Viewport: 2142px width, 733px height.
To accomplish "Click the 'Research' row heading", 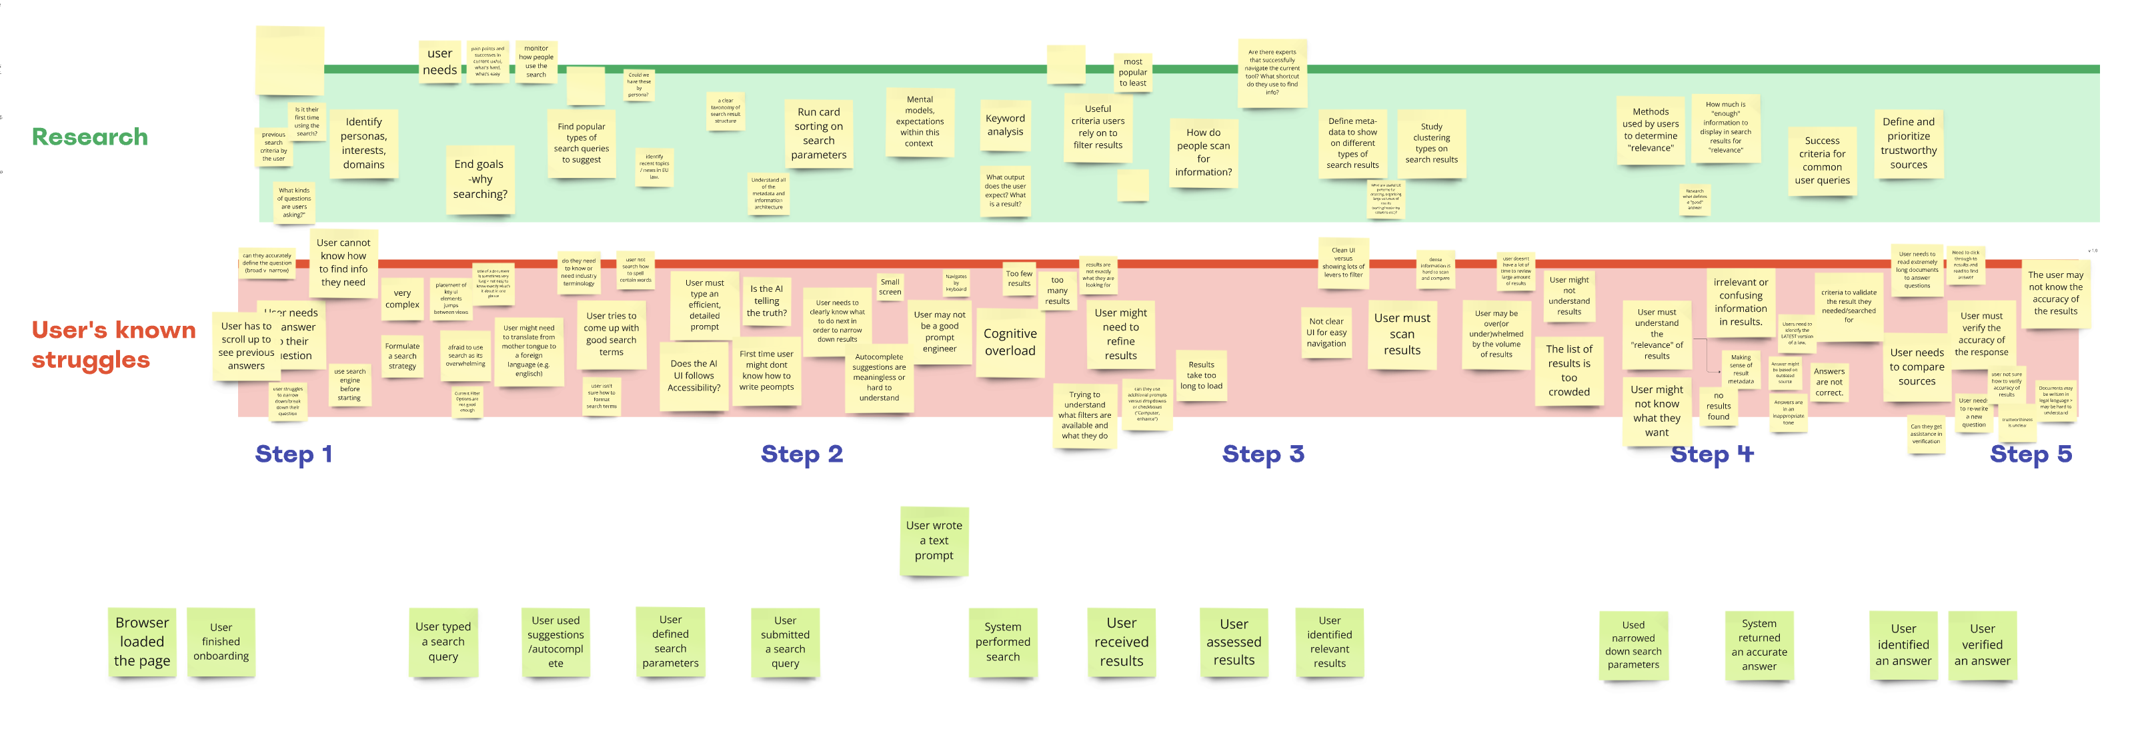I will [x=90, y=137].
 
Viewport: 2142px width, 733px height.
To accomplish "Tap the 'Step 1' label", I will [x=293, y=454].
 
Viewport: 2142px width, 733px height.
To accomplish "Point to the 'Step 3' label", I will [x=1262, y=454].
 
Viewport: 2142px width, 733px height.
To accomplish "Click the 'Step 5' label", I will [x=2030, y=454].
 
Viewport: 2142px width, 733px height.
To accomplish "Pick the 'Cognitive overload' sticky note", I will [x=1010, y=343].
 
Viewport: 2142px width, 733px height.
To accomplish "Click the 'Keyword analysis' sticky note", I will [x=1004, y=125].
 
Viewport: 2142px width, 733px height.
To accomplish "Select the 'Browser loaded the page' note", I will [x=142, y=642].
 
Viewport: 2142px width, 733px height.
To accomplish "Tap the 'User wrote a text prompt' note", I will [x=934, y=541].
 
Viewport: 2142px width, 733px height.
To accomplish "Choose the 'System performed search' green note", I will [x=1002, y=642].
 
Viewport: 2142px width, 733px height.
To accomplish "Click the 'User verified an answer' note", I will [x=1981, y=645].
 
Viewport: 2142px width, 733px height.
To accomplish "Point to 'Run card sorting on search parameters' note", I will [x=818, y=134].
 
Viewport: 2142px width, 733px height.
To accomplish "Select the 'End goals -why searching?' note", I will [x=479, y=179].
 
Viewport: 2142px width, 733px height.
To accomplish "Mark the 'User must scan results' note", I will [x=1401, y=334].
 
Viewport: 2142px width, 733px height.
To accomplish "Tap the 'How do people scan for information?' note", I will [x=1202, y=153].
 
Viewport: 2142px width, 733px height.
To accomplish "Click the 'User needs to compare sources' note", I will [x=1916, y=366].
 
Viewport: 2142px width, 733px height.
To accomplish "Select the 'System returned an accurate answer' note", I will [x=1759, y=645].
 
